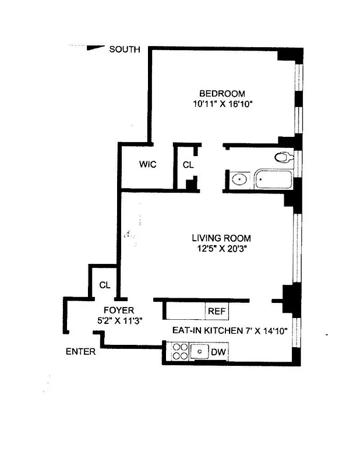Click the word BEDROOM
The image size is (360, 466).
[222, 93]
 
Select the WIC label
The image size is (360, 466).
[147, 164]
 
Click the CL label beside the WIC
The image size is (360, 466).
[188, 165]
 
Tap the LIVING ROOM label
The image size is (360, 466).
[221, 238]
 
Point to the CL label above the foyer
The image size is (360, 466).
[105, 285]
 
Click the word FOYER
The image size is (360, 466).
[119, 310]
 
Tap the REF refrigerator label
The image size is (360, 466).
[217, 311]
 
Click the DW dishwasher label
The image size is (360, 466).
[218, 352]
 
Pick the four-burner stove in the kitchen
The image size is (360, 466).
[179, 352]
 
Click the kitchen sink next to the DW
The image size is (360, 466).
[200, 351]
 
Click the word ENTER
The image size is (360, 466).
[80, 352]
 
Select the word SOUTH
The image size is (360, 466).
[125, 50]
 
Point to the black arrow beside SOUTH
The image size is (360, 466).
[94, 48]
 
